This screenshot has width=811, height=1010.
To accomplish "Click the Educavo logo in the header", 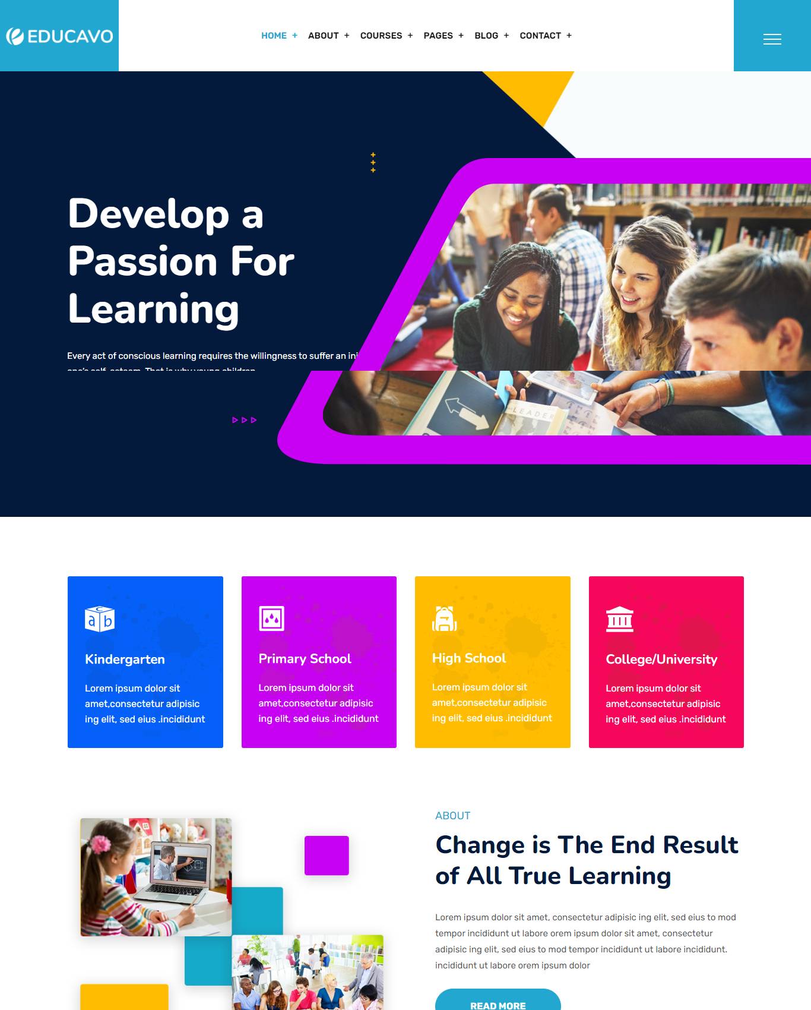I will click(59, 36).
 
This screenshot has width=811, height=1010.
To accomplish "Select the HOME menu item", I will click(274, 36).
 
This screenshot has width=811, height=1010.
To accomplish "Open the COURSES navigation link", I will click(381, 36).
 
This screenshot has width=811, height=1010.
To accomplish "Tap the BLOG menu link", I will click(486, 36).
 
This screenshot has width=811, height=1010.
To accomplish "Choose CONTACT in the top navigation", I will click(540, 36).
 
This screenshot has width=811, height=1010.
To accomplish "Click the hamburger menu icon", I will click(772, 39).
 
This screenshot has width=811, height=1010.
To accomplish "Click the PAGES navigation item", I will click(438, 36).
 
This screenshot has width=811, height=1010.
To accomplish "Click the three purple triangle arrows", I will click(244, 420).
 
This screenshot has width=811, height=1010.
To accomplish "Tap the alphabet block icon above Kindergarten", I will click(100, 619).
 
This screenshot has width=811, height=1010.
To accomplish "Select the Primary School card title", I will click(305, 659).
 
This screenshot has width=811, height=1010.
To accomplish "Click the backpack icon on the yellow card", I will click(444, 618).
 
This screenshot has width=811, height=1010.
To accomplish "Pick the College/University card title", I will click(661, 659).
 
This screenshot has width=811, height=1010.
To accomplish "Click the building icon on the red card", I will click(619, 619).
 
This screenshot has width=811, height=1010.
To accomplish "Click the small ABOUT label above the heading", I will click(452, 816).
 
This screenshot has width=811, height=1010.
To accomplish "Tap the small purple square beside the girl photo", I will click(327, 856).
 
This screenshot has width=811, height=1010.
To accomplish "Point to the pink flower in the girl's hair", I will click(100, 844).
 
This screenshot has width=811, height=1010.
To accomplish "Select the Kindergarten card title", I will click(125, 659).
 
